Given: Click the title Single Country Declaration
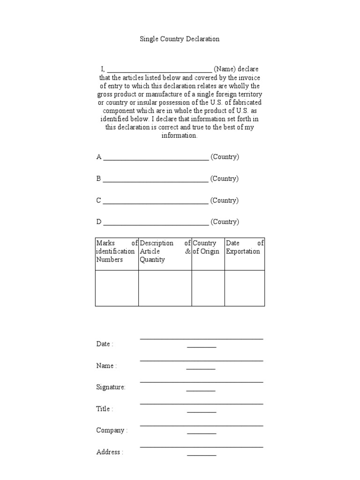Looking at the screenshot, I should point(180,39).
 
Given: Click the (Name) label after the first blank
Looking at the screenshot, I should point(225,69).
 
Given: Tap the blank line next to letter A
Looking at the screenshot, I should point(156,159).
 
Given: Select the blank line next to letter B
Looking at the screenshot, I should point(155,181).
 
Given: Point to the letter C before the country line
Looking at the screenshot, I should point(99,201).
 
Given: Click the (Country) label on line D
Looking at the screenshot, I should point(225,222).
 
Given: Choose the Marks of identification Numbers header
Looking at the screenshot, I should point(117,251).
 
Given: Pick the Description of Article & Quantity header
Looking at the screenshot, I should point(165,251).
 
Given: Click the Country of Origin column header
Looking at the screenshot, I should point(208,247).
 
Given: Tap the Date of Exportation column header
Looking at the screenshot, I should point(245,247).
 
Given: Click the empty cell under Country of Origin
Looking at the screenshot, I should point(208,288).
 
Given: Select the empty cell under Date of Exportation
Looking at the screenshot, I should point(245,288).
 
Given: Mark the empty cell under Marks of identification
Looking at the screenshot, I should point(117,288).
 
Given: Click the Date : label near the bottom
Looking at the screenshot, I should point(105,344).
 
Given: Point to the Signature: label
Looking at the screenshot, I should point(111,387).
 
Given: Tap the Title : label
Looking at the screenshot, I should point(105,409).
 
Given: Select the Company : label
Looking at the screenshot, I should point(112,430).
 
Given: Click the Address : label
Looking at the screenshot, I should point(110,452).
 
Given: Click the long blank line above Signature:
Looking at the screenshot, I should point(202,382).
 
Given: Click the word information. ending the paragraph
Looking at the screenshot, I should point(180,135).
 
